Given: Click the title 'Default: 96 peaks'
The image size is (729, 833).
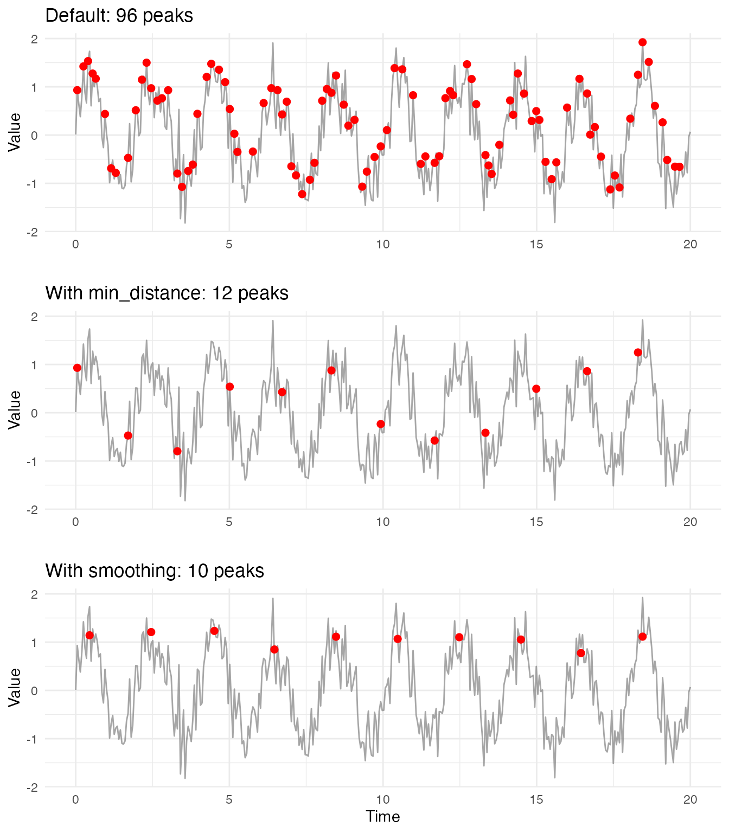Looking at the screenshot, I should pos(119,16).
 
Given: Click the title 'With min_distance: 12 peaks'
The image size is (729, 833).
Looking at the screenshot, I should pos(167,293).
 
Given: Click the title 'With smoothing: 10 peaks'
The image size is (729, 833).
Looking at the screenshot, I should pos(155,571).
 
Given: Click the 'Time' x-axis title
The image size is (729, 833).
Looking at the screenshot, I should pos(383,817).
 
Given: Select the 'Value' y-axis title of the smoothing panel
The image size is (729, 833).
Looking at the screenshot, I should pos(15,687).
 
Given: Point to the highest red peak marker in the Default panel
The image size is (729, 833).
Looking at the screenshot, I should pos(642,42).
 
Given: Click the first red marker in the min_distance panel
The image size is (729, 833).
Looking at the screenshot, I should pos(77,368).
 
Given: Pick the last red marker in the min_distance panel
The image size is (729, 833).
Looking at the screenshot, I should pos(638,353).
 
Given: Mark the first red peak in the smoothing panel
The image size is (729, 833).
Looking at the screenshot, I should pos(89,635).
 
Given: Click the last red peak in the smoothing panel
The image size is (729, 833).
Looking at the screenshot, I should pos(642,637).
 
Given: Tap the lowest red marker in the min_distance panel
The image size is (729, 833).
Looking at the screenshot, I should pos(177,451).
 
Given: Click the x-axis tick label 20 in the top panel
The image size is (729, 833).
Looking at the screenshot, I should pos(690,245).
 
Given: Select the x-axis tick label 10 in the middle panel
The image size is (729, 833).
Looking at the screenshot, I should pos(383,522).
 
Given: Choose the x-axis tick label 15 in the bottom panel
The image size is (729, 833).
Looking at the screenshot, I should pos(536,800).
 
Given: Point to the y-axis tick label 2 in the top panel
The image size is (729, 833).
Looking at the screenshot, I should pos(34,39).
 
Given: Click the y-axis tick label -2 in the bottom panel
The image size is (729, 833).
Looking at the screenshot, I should pos(32,787).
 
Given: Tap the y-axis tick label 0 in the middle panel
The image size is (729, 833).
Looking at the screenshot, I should pos(34,413).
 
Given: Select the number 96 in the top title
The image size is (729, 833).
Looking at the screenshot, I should pos(126,16).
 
